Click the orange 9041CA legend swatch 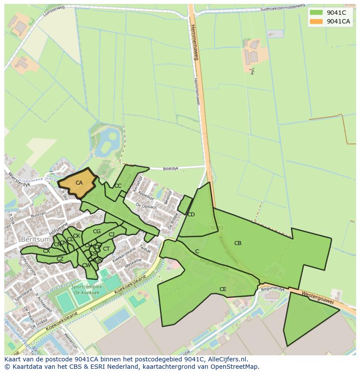pos(317,22)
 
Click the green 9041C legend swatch pos(317,13)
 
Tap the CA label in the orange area pos(79,183)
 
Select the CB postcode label pos(238,243)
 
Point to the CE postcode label pos(223,289)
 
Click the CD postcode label pos(191,215)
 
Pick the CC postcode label pos(118,186)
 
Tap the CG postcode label pos(97,232)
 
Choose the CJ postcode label pos(111,235)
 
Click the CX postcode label pos(46,251)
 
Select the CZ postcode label pos(60,259)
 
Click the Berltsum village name pos(33,239)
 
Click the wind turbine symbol pos(252,70)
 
